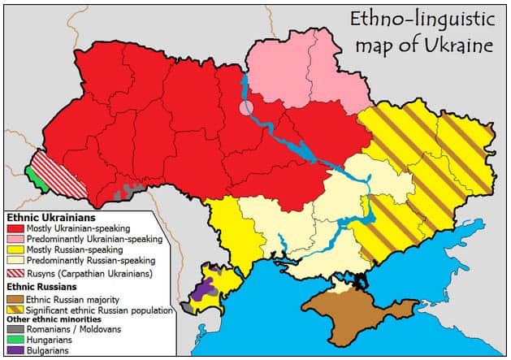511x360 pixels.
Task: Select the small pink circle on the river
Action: (246, 107)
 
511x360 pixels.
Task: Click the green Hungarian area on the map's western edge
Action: (31, 174)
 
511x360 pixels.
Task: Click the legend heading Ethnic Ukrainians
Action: (50, 218)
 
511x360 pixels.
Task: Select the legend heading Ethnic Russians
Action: (44, 287)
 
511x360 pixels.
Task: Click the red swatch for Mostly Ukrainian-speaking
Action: (15, 229)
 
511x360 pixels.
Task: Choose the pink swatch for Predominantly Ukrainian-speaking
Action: (15, 240)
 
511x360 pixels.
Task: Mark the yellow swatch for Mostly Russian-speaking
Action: (15, 250)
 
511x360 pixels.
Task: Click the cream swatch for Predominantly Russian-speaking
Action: (15, 261)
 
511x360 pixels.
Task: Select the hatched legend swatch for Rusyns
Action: (15, 274)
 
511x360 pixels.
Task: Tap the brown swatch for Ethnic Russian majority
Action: (15, 299)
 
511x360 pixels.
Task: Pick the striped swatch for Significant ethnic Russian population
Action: (15, 310)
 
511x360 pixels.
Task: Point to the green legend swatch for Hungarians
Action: (15, 340)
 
